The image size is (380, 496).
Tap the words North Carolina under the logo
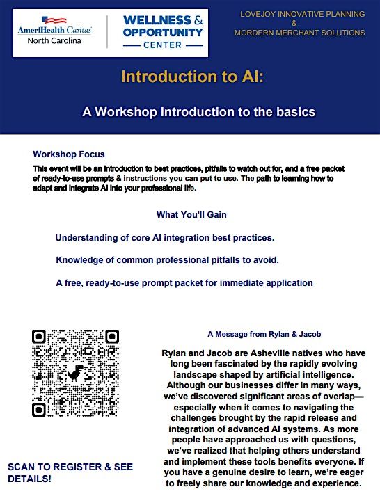[x=54, y=40]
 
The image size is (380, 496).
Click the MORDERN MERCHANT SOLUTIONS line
[x=300, y=33]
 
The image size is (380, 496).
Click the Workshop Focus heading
[x=69, y=154]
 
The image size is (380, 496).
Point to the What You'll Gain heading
[x=191, y=214]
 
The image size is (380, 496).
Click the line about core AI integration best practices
[x=164, y=237]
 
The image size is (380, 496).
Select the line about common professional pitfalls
[x=167, y=259]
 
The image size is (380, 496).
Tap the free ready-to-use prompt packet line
[x=184, y=282]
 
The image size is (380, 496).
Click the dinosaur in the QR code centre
[x=74, y=373]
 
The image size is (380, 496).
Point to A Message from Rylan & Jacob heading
[x=264, y=334]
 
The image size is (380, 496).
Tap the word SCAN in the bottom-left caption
[x=22, y=466]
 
